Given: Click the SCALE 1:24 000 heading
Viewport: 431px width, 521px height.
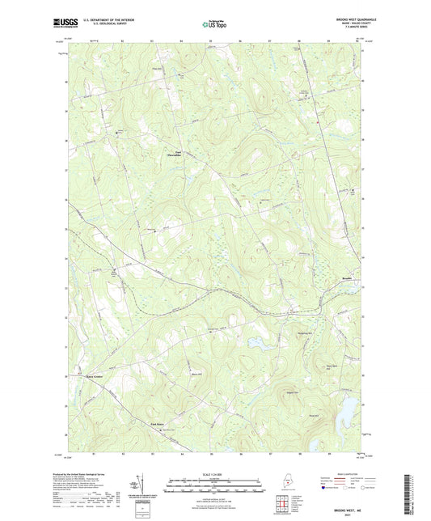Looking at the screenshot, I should [x=215, y=473].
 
